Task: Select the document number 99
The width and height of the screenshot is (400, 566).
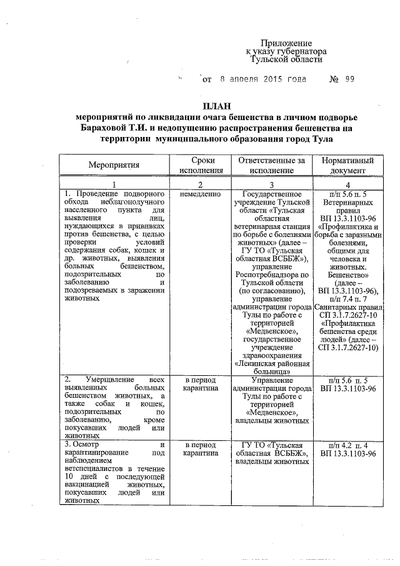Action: [349, 79]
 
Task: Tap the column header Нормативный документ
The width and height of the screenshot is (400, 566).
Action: [347, 164]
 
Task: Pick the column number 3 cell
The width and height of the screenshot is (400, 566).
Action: [271, 184]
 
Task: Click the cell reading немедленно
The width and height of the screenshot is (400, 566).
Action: [201, 195]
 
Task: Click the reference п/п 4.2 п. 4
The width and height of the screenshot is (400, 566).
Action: [347, 443]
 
